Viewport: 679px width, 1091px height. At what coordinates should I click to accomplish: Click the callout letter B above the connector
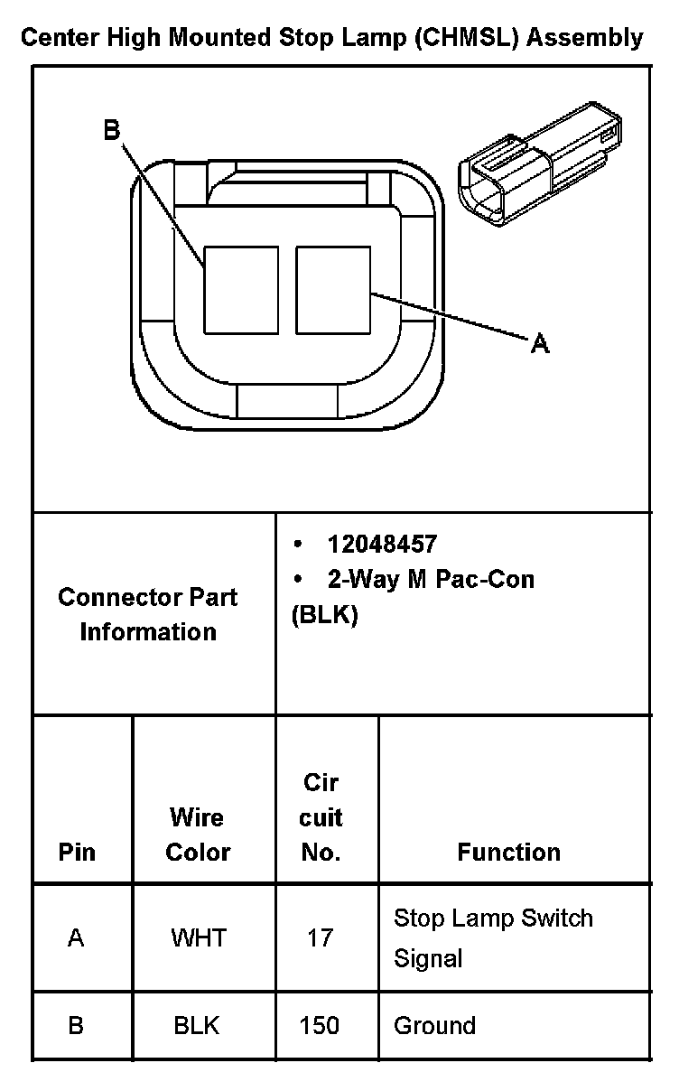point(111,131)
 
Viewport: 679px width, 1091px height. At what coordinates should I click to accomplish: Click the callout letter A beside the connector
point(539,343)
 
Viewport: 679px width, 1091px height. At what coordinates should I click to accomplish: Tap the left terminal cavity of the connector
point(240,289)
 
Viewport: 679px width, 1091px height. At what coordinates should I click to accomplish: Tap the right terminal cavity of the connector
point(333,289)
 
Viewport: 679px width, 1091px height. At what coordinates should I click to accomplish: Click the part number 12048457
point(382,544)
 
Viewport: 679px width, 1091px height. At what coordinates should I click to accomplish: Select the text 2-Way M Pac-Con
point(431,579)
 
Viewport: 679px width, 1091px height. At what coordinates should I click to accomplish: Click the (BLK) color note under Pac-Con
point(325,615)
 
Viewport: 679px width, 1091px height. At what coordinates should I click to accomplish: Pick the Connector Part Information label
point(148,614)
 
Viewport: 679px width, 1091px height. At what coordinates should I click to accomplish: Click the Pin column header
point(77,852)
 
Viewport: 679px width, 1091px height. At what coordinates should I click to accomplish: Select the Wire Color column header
point(198,835)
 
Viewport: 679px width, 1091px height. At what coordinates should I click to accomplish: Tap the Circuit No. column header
point(321,817)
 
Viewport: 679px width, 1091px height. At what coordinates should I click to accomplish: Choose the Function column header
point(508,852)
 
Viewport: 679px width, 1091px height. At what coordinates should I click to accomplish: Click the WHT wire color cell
point(197,937)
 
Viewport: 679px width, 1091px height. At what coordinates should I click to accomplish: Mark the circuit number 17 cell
point(320,937)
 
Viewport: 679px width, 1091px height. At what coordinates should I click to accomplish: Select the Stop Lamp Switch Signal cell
point(493,937)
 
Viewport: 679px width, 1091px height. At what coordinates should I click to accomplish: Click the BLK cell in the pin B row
point(197,1026)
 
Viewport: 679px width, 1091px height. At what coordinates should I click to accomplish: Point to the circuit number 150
point(320,1026)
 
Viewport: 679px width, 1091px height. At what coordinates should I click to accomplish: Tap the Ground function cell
point(434,1026)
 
